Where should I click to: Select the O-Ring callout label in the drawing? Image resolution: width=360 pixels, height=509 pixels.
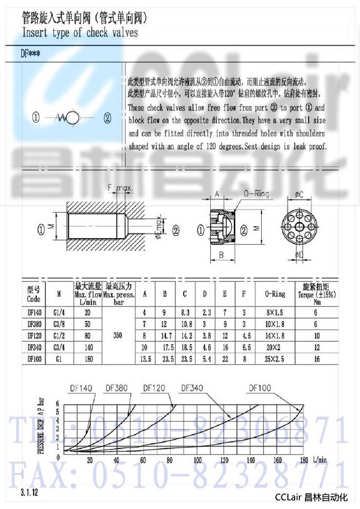pyautogui.click(x=256, y=194)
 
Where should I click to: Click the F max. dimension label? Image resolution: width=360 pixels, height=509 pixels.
pyautogui.click(x=120, y=189)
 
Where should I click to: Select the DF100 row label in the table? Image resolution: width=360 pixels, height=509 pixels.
pyautogui.click(x=34, y=359)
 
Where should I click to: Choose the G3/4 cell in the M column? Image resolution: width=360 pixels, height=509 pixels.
pyautogui.click(x=59, y=347)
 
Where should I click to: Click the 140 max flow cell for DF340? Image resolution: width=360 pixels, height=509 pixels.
pyautogui.click(x=88, y=347)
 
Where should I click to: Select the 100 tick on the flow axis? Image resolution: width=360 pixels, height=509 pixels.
pyautogui.click(x=197, y=460)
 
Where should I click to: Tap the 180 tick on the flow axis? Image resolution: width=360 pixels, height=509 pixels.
pyautogui.click(x=303, y=460)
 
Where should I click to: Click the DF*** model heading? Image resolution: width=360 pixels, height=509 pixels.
pyautogui.click(x=30, y=52)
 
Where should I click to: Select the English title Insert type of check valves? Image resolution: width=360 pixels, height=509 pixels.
pyautogui.click(x=80, y=32)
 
